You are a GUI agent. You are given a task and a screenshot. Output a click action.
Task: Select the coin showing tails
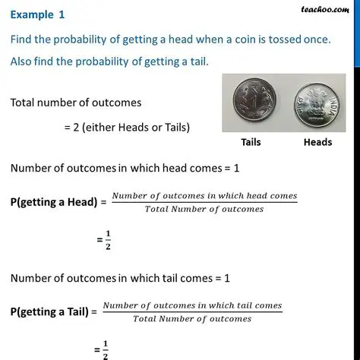click(251, 103)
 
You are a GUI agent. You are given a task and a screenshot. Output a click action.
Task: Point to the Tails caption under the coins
click(251, 142)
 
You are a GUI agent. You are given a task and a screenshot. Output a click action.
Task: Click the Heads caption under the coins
click(317, 142)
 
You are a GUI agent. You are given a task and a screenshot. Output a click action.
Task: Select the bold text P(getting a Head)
click(55, 203)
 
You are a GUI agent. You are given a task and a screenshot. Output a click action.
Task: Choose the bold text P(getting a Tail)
click(50, 311)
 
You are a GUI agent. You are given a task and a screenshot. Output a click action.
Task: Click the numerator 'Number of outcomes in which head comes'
click(204, 197)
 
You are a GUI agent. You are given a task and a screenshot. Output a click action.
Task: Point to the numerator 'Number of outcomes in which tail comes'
click(191, 305)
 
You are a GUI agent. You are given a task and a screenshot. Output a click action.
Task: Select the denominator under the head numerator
click(204, 209)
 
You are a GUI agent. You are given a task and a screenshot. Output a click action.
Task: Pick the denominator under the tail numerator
click(191, 318)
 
